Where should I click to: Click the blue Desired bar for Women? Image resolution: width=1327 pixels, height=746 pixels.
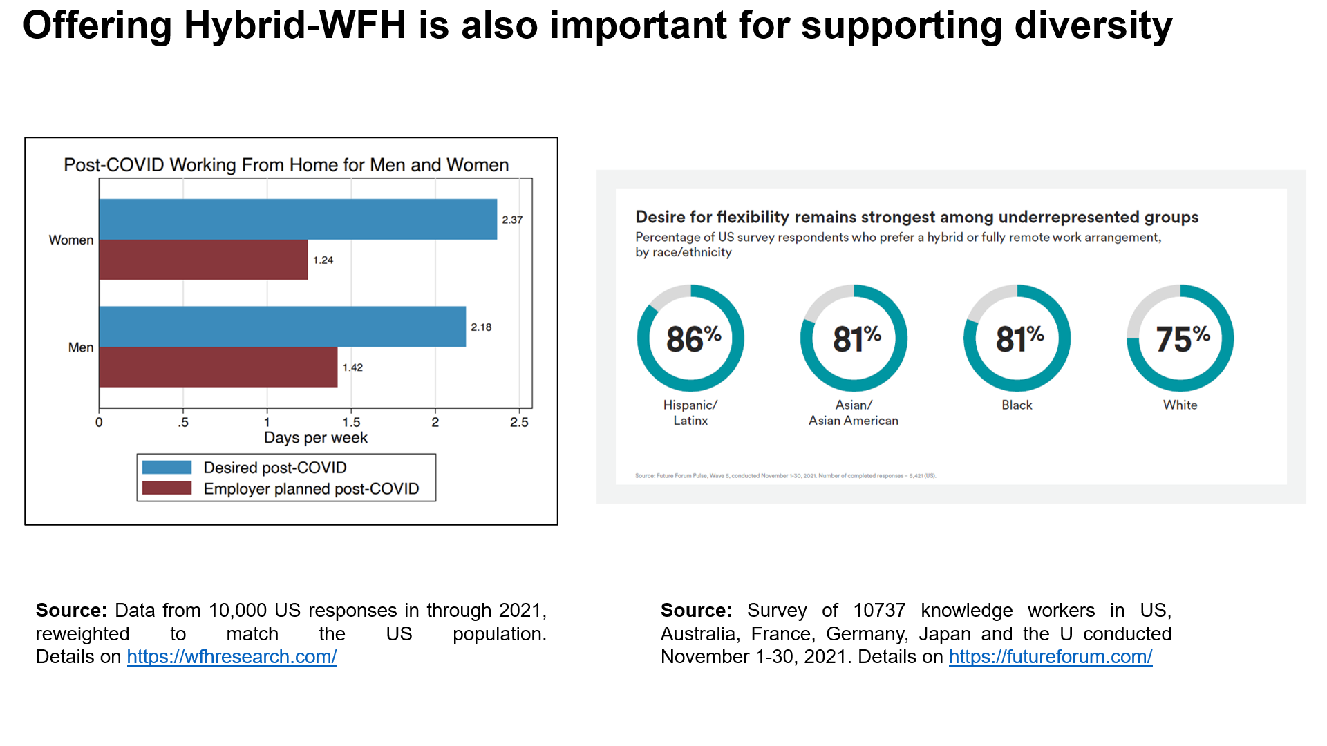click(x=298, y=220)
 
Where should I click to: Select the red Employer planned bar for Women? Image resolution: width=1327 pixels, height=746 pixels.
click(x=203, y=260)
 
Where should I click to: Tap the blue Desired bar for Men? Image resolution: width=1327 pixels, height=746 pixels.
click(x=282, y=327)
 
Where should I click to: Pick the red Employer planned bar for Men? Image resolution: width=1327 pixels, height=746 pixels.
click(x=218, y=367)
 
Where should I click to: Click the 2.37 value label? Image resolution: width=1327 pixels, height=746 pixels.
click(x=512, y=220)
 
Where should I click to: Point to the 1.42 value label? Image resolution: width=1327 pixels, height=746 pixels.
click(x=352, y=367)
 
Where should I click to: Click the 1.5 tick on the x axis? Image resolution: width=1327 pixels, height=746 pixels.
click(x=351, y=422)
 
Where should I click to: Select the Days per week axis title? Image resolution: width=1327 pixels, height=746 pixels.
click(x=316, y=438)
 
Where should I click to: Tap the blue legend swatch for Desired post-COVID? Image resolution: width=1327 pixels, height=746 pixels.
click(x=167, y=468)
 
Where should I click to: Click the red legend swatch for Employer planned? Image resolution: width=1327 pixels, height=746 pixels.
click(x=167, y=488)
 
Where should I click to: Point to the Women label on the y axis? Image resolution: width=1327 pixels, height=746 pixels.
click(x=71, y=240)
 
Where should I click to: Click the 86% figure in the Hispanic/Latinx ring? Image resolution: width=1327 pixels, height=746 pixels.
click(x=693, y=339)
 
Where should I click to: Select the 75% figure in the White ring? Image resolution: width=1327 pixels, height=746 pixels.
click(x=1183, y=339)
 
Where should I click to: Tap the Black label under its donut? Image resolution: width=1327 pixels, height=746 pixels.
click(x=1017, y=405)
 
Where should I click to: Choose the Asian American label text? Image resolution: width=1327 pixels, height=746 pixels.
click(x=854, y=421)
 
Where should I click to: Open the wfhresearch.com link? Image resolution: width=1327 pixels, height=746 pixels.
click(x=232, y=657)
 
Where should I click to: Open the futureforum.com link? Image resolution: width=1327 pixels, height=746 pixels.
click(x=1050, y=657)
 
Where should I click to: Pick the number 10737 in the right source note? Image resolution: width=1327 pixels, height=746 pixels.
click(x=879, y=611)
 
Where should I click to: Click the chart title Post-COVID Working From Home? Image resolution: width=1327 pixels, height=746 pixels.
click(x=286, y=165)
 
